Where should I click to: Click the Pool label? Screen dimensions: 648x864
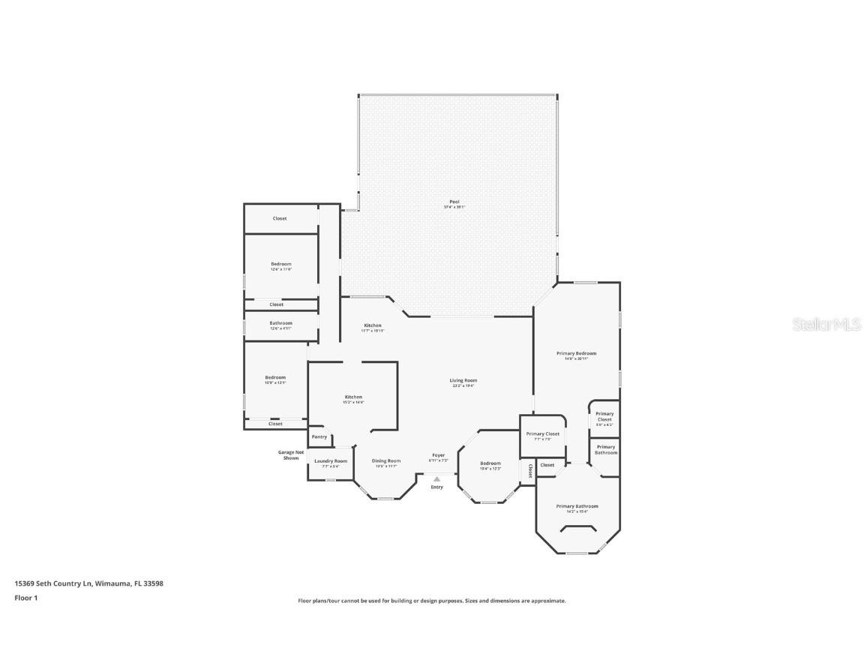click(454, 202)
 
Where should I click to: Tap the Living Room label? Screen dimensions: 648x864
click(463, 380)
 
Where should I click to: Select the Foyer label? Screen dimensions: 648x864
click(438, 455)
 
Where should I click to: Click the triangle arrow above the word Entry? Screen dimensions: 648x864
click(436, 478)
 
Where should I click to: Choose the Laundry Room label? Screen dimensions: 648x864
click(330, 461)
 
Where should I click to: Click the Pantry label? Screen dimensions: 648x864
click(319, 436)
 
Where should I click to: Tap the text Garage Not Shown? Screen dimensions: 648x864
click(291, 454)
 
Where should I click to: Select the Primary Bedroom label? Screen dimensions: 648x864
click(576, 353)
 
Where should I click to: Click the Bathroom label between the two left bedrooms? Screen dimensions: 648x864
click(280, 323)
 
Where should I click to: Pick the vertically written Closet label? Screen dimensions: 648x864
click(529, 470)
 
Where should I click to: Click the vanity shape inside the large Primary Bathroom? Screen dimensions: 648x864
click(577, 529)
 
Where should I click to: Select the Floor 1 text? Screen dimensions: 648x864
click(25, 598)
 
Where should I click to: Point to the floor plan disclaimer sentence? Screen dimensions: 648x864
click(432, 601)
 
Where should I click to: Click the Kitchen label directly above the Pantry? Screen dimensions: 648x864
click(353, 397)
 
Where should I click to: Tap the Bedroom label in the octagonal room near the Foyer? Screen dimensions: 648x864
click(490, 463)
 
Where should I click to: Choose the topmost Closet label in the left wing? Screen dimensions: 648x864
click(279, 218)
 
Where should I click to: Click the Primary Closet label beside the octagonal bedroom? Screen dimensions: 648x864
click(542, 433)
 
